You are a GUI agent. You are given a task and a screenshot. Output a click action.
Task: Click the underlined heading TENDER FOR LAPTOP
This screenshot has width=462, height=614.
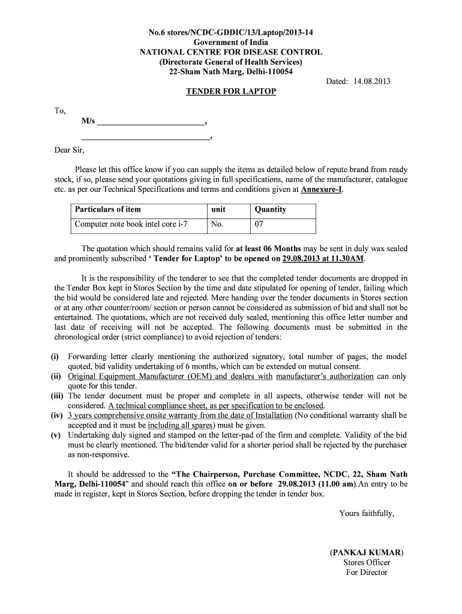231,91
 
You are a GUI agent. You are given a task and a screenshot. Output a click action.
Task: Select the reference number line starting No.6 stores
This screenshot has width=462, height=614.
231,32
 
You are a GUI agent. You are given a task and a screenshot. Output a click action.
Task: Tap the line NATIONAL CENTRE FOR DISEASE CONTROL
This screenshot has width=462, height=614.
231,52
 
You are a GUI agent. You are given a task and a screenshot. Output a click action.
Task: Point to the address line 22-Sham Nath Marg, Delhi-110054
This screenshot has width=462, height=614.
231,72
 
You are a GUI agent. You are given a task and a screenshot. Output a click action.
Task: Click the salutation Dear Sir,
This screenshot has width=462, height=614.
70,150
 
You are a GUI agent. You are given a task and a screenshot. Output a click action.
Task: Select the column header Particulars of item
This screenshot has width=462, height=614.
107,209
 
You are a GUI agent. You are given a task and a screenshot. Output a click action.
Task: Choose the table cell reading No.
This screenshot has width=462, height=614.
217,225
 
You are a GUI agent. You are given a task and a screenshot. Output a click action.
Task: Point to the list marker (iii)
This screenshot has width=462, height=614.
58,396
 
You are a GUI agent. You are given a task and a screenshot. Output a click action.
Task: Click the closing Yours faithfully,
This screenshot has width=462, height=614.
367,513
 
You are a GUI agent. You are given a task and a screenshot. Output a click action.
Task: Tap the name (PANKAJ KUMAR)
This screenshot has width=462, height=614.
367,552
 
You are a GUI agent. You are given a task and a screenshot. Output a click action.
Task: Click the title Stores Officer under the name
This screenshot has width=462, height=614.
367,562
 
